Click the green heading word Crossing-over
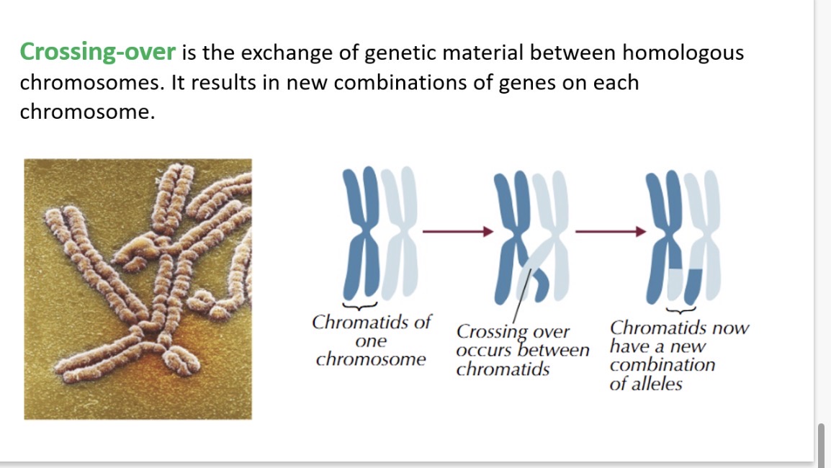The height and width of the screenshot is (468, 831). (97, 53)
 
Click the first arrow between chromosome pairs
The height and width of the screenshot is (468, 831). (457, 232)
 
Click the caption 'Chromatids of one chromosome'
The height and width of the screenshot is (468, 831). (371, 341)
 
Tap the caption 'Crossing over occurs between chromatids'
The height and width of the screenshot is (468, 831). (522, 351)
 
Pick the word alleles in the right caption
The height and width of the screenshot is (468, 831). (656, 384)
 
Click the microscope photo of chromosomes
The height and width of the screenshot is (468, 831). (138, 289)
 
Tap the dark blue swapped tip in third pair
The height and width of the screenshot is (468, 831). (692, 284)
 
